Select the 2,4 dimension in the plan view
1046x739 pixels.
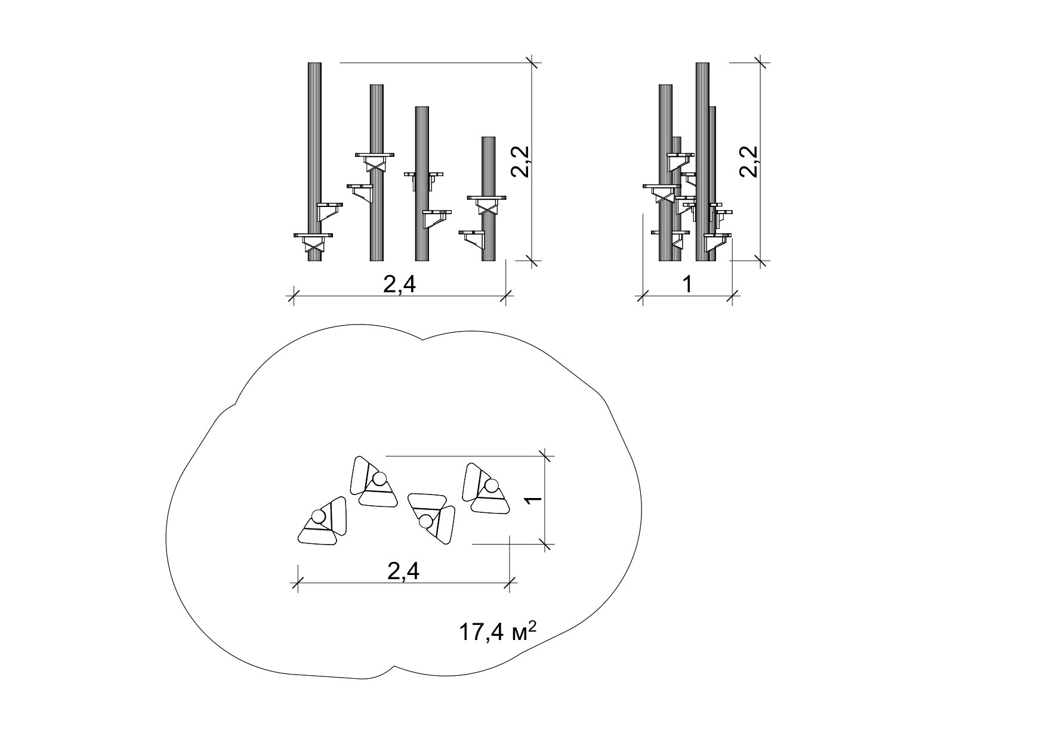[404, 571]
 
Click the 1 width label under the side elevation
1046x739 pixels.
[687, 285]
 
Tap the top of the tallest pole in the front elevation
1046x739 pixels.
[314, 63]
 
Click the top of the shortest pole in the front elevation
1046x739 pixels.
[488, 138]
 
